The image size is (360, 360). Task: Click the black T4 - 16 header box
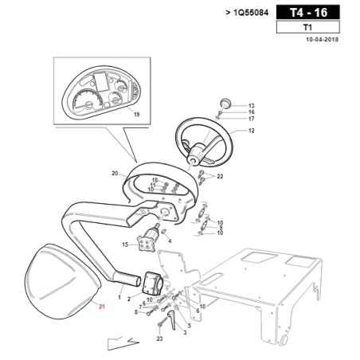308,13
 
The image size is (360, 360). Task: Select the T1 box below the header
308,27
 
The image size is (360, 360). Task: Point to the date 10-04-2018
323,40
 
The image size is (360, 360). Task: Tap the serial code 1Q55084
251,13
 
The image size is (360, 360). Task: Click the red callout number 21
102,307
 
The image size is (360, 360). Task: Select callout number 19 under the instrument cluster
136,115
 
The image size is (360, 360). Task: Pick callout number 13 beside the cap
251,106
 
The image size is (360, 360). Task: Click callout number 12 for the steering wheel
251,131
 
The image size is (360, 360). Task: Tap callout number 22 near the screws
220,176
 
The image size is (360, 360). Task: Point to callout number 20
115,174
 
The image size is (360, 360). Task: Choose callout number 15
125,245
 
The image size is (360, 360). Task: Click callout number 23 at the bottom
159,338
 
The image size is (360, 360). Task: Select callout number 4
170,241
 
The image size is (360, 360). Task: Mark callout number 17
251,119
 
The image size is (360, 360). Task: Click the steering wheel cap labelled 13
225,104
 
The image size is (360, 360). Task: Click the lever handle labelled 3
172,320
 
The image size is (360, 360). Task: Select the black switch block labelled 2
153,283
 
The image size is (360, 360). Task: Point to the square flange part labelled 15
146,244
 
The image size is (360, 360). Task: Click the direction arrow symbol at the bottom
123,343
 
